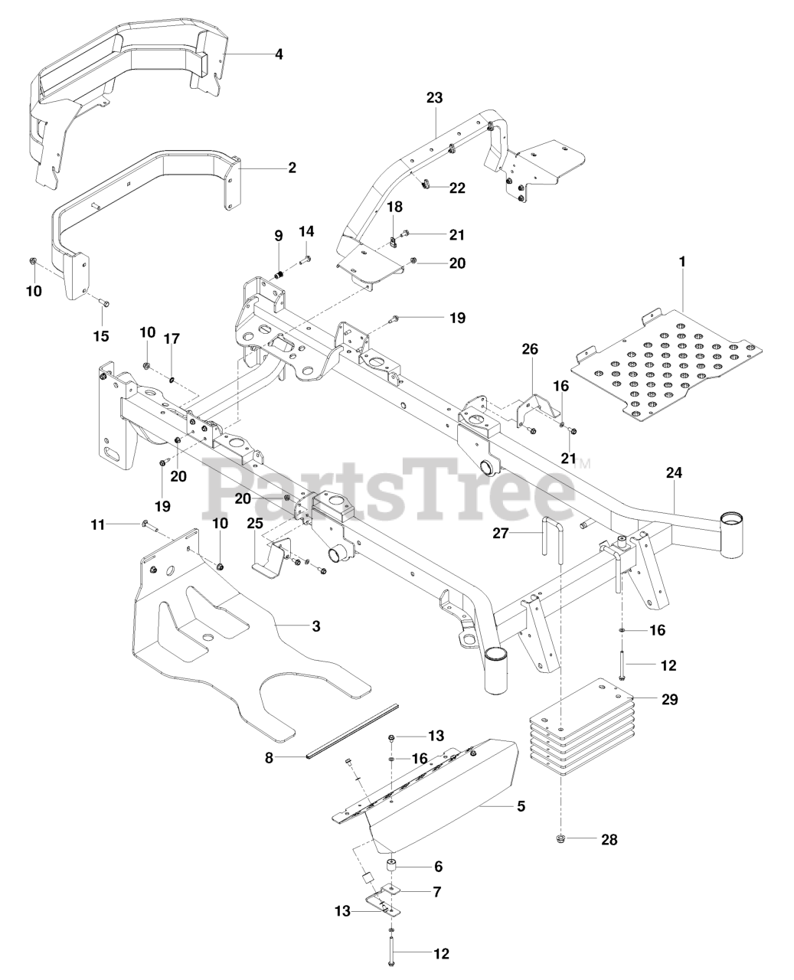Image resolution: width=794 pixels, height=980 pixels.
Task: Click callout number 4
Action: coord(279,54)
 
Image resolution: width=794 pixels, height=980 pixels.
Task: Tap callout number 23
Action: coord(435,98)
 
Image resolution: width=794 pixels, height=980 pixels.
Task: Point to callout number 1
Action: coord(681,262)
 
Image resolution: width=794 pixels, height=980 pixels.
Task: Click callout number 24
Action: coord(673,473)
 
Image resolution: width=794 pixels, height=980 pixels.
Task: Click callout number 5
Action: coord(521,806)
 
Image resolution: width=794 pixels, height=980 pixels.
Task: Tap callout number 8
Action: coord(269,757)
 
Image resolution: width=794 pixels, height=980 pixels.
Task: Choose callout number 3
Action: coord(315,627)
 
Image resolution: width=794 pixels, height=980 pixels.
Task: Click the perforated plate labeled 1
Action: coord(666,360)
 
